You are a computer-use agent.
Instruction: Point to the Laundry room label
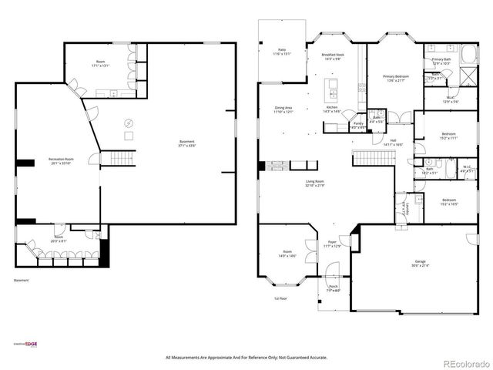click(405, 210)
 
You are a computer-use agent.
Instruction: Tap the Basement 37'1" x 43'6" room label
click(186, 143)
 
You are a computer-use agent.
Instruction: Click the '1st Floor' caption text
click(281, 298)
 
